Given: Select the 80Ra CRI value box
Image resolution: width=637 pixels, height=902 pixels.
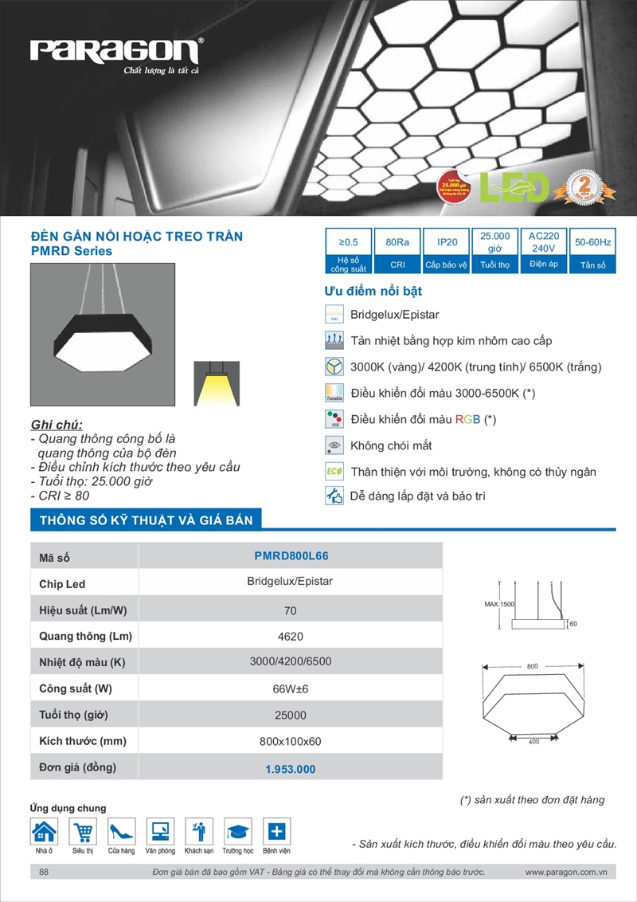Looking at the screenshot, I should tap(397, 241).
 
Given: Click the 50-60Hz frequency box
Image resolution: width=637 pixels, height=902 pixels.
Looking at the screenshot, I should tap(592, 241).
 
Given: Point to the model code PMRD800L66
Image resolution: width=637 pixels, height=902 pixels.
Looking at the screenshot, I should tap(291, 556).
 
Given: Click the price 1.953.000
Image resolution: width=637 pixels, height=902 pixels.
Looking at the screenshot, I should tap(291, 769).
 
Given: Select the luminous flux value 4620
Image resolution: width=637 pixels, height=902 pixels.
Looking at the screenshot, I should tap(291, 637).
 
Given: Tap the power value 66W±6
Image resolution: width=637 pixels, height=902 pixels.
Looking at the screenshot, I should tap(291, 688).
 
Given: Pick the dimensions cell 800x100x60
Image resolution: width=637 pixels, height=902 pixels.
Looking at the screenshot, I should tap(291, 741).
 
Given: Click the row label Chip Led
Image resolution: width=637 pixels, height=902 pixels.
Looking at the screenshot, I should tap(62, 584).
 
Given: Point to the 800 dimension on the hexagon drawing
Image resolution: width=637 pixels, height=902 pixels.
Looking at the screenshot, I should tap(533, 665).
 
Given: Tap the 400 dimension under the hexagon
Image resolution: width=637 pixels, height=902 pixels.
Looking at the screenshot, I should tap(533, 742).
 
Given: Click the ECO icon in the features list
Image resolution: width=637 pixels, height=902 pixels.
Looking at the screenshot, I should tap(334, 471).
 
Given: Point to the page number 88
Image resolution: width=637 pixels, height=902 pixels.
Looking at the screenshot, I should tap(44, 873).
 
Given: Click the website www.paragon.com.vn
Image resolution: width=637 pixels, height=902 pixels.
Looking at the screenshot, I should tap(566, 873).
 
